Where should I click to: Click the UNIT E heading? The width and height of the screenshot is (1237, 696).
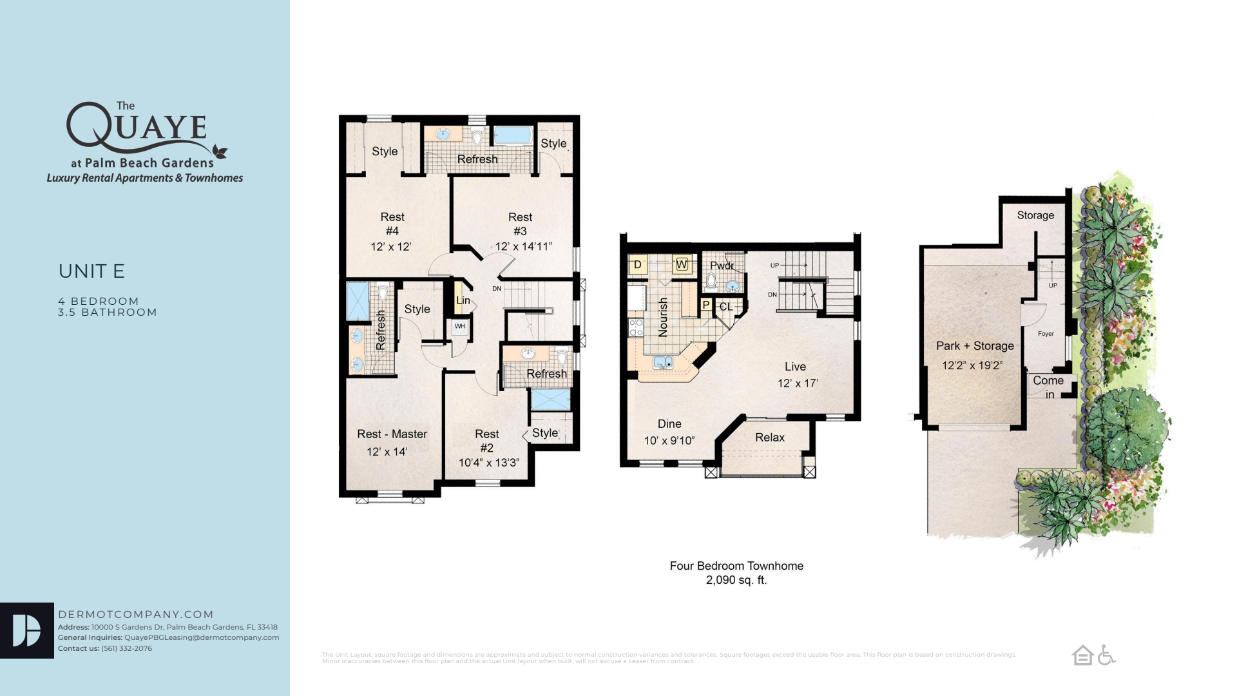(x=91, y=271)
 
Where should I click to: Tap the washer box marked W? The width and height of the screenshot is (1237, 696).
(x=682, y=264)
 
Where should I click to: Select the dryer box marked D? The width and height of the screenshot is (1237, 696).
(x=637, y=264)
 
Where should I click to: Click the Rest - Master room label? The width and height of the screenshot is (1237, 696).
(x=392, y=434)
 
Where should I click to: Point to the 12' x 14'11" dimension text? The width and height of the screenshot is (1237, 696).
(x=523, y=247)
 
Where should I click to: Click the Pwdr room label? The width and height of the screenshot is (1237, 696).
(x=722, y=266)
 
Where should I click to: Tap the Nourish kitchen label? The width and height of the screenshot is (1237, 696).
(x=663, y=316)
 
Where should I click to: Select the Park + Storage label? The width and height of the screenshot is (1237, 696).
(x=974, y=346)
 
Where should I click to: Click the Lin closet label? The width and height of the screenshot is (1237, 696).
(x=463, y=300)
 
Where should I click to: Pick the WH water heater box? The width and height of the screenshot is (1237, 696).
(x=459, y=327)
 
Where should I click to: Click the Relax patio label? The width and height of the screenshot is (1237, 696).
(x=769, y=438)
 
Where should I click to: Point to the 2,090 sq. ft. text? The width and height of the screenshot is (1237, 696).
(x=736, y=580)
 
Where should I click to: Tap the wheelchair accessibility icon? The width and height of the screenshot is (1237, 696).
(x=1106, y=655)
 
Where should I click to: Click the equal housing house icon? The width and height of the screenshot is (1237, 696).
(x=1082, y=655)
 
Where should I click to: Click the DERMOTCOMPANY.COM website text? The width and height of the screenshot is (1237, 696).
(x=135, y=615)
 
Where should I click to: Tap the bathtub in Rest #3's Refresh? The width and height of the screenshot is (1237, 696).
(x=513, y=135)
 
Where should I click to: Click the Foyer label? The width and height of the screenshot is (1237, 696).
(x=1046, y=334)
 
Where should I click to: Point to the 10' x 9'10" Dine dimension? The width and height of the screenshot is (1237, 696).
(x=669, y=441)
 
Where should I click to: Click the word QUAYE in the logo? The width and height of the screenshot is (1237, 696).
(x=137, y=126)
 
